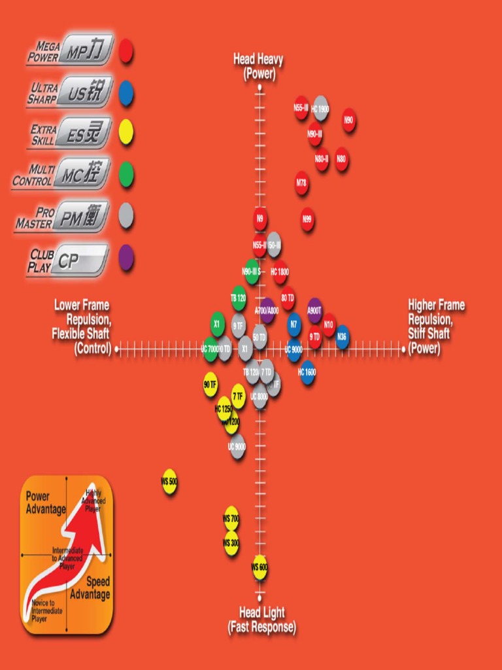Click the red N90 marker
[x=349, y=120]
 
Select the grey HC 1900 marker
[x=320, y=109]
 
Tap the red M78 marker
[x=301, y=184]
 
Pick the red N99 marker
[x=307, y=220]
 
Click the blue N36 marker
[x=342, y=337]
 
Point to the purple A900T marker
[x=314, y=311]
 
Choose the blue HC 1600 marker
[x=307, y=372]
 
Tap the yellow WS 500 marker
[x=169, y=482]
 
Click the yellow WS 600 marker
[x=259, y=567]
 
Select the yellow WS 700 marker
[x=231, y=518]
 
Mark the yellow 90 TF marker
[x=210, y=384]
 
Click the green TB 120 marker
[x=239, y=297]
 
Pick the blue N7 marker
[x=294, y=324]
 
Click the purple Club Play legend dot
[x=126, y=258]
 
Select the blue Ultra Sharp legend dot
[x=126, y=94]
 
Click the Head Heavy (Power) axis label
[x=258, y=67]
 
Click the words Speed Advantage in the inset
[x=90, y=588]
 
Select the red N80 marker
[x=342, y=159]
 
